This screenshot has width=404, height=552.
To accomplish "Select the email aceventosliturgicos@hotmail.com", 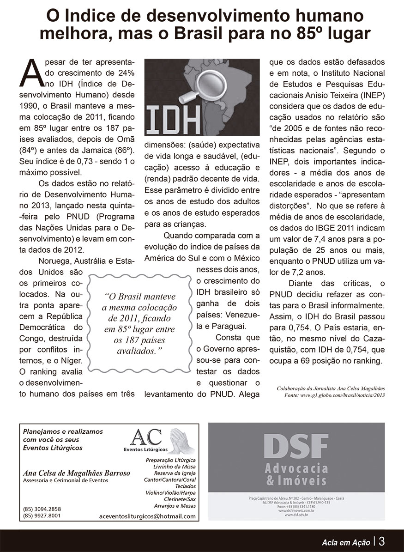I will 147,516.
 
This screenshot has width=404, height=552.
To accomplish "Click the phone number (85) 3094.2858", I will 42,509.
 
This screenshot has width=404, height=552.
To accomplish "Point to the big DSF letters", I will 296,446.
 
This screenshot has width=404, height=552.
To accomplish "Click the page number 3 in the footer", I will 383,540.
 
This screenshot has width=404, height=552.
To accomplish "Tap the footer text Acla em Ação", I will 346,541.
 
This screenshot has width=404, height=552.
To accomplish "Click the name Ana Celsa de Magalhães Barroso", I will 76,473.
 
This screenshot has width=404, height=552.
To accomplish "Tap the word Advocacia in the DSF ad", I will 296,469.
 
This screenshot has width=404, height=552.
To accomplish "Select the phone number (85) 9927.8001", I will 42,516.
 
